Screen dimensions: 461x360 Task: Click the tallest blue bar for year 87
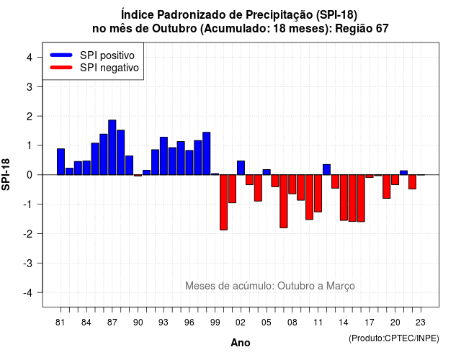pos(112,147)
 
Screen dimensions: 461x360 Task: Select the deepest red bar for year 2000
pos(224,202)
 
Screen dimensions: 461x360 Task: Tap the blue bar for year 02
pos(241,168)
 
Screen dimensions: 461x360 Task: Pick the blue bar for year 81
pos(61,161)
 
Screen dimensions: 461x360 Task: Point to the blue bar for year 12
pos(326,170)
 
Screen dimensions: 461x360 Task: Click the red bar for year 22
pos(413,182)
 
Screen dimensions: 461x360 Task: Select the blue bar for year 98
pos(207,153)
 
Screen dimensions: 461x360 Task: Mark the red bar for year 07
pos(284,202)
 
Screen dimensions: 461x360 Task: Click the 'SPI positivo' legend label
pos(107,55)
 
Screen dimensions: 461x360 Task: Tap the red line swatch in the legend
pos(61,67)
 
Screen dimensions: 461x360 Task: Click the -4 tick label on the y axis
pos(29,293)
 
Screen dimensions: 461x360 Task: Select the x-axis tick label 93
pos(164,323)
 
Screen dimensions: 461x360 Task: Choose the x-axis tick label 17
pos(370,323)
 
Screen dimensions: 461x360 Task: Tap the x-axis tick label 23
pos(421,323)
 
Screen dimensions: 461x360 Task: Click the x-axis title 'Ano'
pos(241,343)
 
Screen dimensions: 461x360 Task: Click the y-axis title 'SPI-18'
pos(6,174)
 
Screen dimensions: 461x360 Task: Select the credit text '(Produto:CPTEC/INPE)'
pos(394,338)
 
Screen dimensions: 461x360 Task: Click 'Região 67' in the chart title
pos(362,29)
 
